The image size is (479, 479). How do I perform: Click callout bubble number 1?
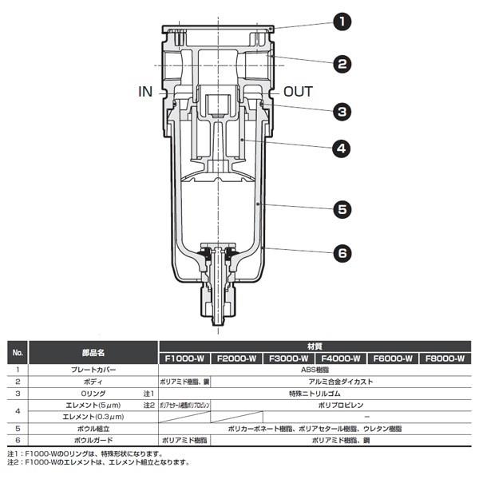pyautogui.click(x=343, y=22)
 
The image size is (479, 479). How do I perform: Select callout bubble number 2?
pyautogui.click(x=343, y=64)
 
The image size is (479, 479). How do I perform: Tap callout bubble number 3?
pyautogui.click(x=343, y=112)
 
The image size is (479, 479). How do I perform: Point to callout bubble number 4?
pyautogui.click(x=343, y=148)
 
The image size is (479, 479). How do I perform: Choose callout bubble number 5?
pyautogui.click(x=343, y=210)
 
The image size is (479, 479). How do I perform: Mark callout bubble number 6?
pyautogui.click(x=343, y=253)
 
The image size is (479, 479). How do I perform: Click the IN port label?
pyautogui.click(x=145, y=92)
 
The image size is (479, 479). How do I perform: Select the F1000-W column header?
pyautogui.click(x=184, y=358)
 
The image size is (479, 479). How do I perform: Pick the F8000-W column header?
pyautogui.click(x=444, y=358)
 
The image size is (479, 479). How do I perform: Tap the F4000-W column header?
pyautogui.click(x=340, y=358)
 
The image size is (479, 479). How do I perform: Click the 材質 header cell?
pyautogui.click(x=314, y=346)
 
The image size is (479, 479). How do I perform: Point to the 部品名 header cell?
pyautogui.click(x=93, y=352)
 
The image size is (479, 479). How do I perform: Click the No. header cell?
pyautogui.click(x=18, y=352)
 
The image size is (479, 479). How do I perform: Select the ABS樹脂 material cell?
pyautogui.click(x=314, y=370)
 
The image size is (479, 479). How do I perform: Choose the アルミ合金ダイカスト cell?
pyautogui.click(x=340, y=382)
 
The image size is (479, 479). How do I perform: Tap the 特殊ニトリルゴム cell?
pyautogui.click(x=314, y=394)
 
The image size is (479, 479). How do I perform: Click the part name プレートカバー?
pyautogui.click(x=93, y=370)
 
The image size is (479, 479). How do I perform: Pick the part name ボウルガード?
pyautogui.click(x=93, y=439)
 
